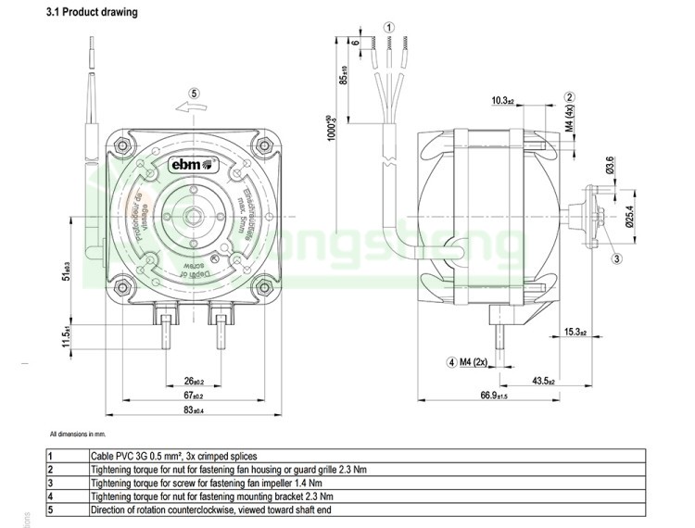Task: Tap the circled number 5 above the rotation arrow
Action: [193, 92]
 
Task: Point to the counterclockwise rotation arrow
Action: [193, 108]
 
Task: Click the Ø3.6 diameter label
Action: [611, 164]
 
